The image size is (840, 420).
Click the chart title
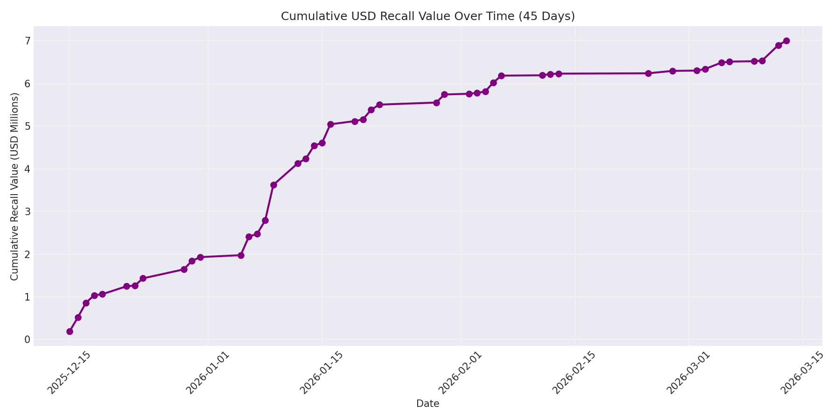tap(427, 16)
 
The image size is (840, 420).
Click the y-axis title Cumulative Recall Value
tap(14, 187)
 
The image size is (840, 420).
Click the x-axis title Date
tap(427, 404)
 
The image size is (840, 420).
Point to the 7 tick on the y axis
tap(28, 41)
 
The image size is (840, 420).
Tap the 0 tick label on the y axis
tap(28, 340)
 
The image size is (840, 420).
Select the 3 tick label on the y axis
tap(28, 212)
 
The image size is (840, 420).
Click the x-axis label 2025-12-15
tap(69, 373)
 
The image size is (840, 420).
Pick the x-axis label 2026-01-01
tap(208, 373)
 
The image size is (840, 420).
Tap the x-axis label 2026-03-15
tap(802, 373)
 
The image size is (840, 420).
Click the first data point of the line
tap(70, 331)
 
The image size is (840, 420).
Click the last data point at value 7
tap(786, 41)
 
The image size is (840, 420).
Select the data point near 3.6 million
tap(273, 185)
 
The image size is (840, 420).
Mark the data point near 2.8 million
tap(265, 220)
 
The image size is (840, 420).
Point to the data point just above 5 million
tap(330, 124)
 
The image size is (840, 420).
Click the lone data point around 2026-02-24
tap(648, 73)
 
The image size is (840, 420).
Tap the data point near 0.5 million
tap(78, 317)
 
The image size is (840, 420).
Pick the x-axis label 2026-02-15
tap(574, 373)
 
